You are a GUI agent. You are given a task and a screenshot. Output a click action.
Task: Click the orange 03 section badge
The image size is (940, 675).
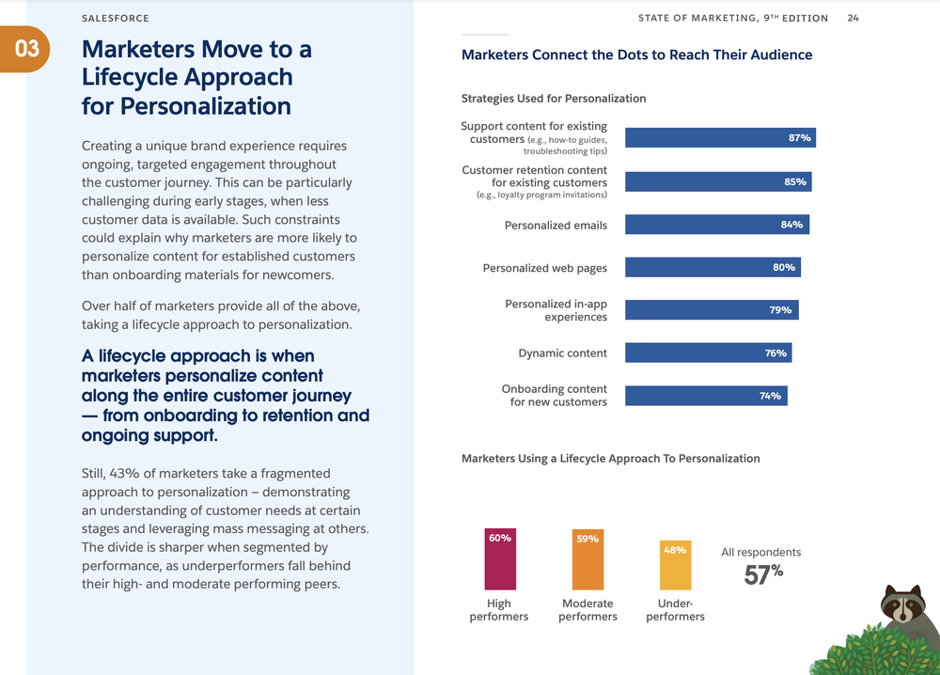pos(27,48)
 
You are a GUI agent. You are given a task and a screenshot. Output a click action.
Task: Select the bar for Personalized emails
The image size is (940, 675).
pos(716,225)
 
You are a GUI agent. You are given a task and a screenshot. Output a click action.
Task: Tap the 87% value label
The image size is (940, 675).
pos(799,138)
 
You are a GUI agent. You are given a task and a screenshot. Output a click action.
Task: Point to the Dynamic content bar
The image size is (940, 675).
pos(708,353)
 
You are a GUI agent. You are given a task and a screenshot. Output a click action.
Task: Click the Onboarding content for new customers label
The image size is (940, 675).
pos(554,396)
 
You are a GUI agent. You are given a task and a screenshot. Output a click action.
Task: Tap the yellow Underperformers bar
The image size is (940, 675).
pos(675,564)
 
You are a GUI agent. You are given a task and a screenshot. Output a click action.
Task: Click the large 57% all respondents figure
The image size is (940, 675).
pos(762,574)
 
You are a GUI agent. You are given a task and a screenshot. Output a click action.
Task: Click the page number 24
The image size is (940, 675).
pos(854,18)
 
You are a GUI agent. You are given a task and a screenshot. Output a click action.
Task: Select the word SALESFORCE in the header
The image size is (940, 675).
pos(115,18)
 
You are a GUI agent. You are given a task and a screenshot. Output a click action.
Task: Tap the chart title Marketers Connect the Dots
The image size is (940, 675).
pos(636,55)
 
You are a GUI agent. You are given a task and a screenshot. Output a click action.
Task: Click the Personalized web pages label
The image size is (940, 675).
pos(544,268)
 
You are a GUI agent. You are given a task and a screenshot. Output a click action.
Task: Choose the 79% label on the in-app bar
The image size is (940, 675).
pos(780,310)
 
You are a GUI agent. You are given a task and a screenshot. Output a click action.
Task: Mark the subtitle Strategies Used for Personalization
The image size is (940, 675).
pos(554,99)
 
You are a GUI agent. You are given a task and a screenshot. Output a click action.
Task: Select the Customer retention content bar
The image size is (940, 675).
pos(718,181)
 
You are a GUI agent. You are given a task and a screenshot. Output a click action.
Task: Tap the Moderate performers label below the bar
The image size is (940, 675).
pos(587,610)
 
